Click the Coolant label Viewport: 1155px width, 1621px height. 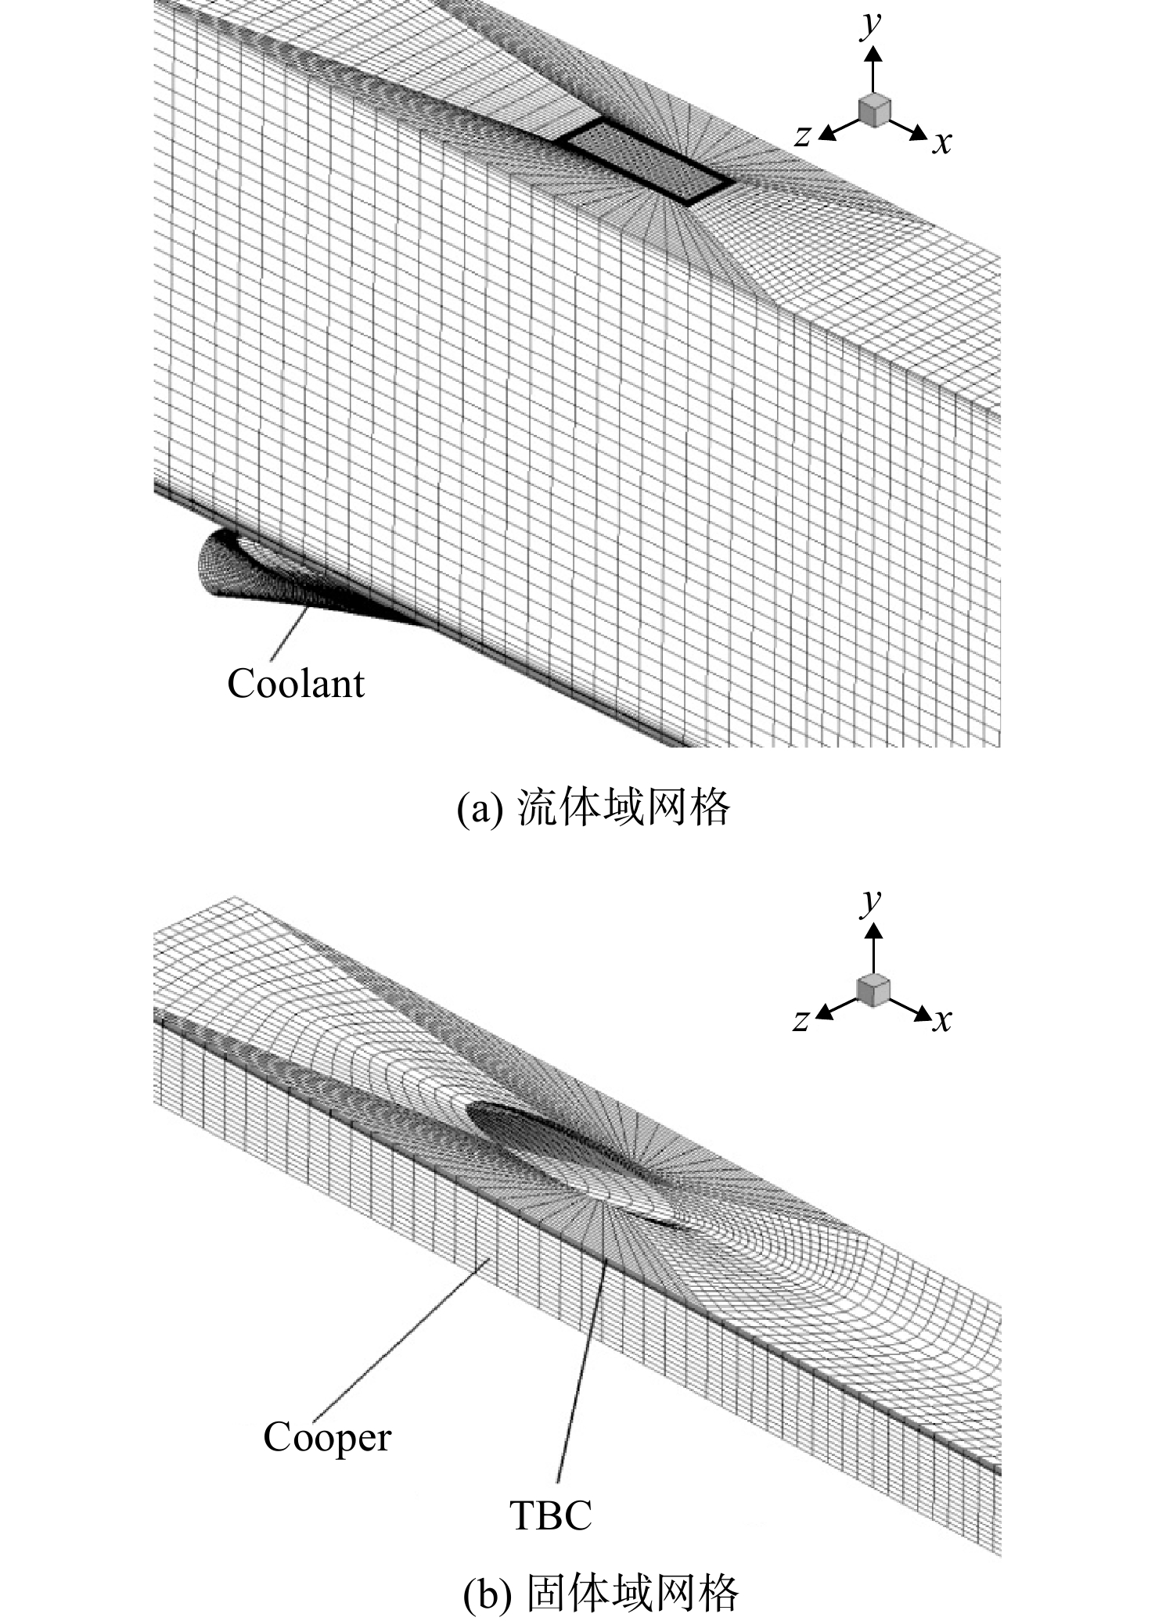pyautogui.click(x=296, y=684)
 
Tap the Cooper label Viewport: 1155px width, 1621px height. pyautogui.click(x=327, y=1438)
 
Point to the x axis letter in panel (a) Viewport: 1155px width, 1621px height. pyautogui.click(x=942, y=142)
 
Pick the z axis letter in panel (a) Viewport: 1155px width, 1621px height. pyautogui.click(x=802, y=136)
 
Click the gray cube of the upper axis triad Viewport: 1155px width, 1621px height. pyautogui.click(x=874, y=110)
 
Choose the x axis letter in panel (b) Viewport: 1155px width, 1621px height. pyautogui.click(x=942, y=1020)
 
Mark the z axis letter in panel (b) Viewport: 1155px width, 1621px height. pyautogui.click(x=801, y=1020)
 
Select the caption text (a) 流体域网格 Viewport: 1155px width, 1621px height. pyautogui.click(x=592, y=808)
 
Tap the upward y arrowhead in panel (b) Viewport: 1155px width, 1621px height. pyautogui.click(x=874, y=929)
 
